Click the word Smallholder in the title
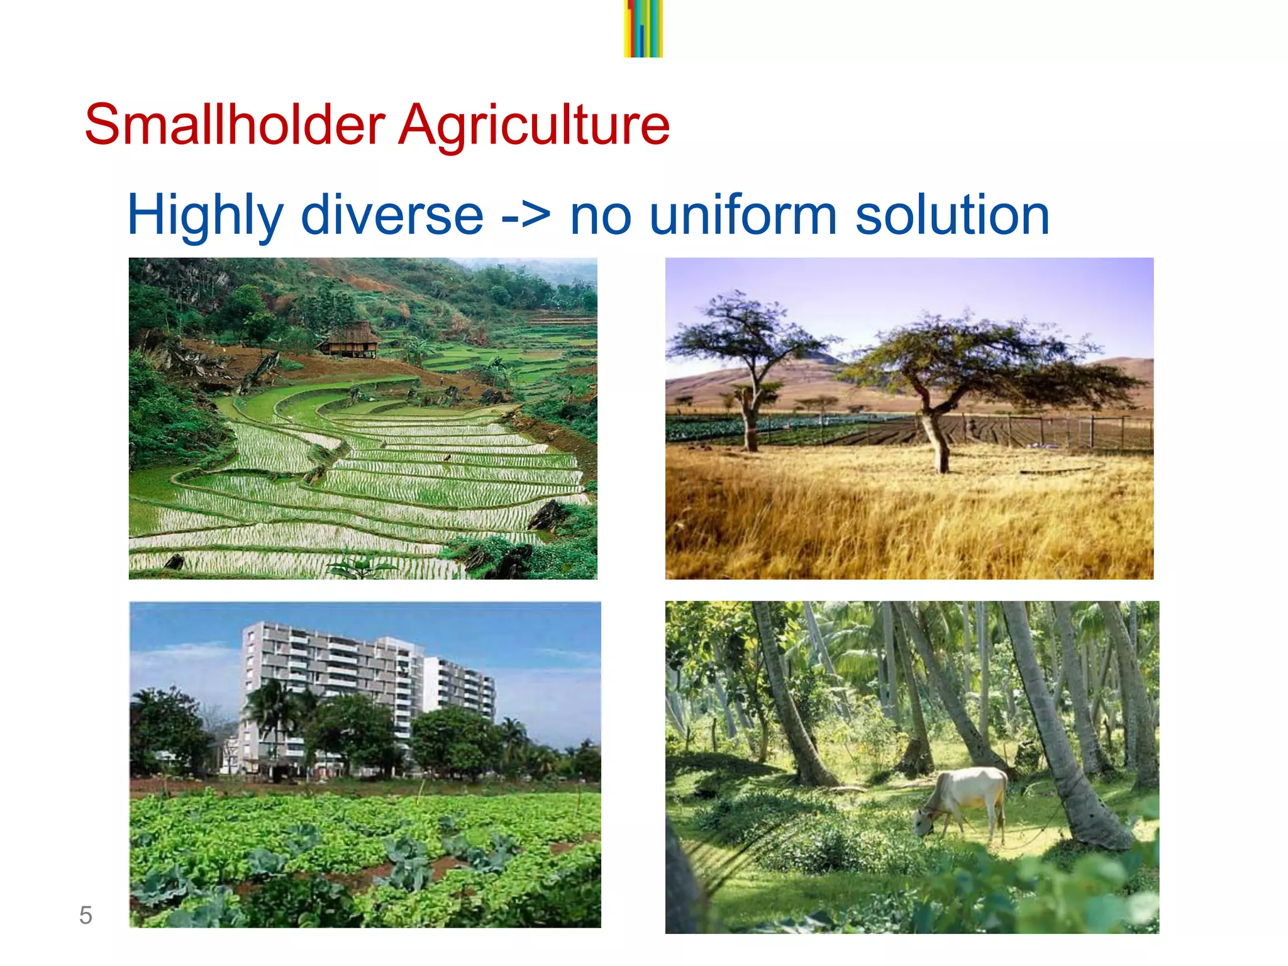tap(234, 125)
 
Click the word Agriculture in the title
tap(535, 125)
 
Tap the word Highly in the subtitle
tap(205, 216)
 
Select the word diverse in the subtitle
tap(392, 216)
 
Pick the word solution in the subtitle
tap(952, 216)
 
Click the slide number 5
tap(86, 915)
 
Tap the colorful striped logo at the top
tap(643, 28)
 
